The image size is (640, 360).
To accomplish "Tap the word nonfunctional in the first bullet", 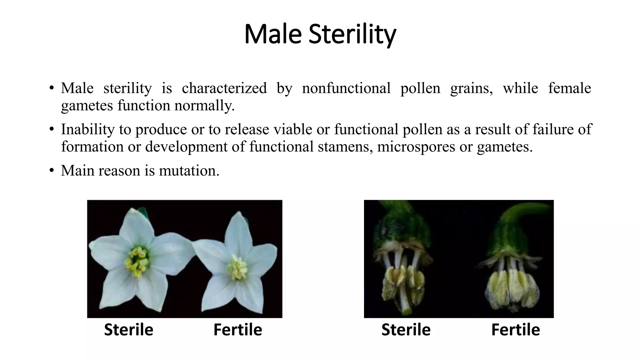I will click(346, 88).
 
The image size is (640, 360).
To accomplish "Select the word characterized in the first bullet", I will click(224, 88).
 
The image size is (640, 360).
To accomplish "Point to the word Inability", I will click(87, 129).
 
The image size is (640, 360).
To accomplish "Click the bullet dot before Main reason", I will click(52, 170).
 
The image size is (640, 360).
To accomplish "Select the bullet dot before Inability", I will click(52, 129).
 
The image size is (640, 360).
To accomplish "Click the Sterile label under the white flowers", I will click(128, 330).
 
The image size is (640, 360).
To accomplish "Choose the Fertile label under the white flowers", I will click(237, 330).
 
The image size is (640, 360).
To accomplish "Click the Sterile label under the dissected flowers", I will click(406, 330).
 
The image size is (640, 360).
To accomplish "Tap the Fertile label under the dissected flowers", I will click(515, 330).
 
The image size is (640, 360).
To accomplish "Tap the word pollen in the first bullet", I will click(420, 88).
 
